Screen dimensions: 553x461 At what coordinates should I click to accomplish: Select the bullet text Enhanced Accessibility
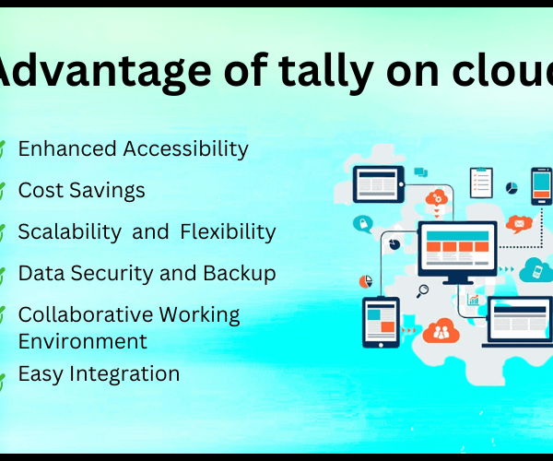pyautogui.click(x=134, y=148)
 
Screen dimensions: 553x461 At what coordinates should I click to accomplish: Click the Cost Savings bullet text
pyautogui.click(x=81, y=191)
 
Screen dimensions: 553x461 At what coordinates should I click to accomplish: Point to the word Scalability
pyautogui.click(x=70, y=232)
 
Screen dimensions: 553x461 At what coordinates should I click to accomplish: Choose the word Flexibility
pyautogui.click(x=228, y=232)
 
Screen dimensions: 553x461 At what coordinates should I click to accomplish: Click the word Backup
pyautogui.click(x=240, y=274)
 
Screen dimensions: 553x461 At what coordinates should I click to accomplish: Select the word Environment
pyautogui.click(x=83, y=341)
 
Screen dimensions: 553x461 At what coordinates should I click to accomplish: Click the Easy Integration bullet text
pyautogui.click(x=99, y=374)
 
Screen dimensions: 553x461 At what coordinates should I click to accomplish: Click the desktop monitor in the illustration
pyautogui.click(x=458, y=253)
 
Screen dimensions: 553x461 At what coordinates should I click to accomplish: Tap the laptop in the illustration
pyautogui.click(x=518, y=322)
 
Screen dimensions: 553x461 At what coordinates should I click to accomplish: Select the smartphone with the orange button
pyautogui.click(x=542, y=186)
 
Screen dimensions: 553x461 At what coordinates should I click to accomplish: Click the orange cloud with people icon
pyautogui.click(x=441, y=331)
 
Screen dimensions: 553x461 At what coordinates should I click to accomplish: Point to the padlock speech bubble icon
pyautogui.click(x=363, y=224)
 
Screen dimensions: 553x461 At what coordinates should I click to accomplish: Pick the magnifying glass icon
pyautogui.click(x=422, y=291)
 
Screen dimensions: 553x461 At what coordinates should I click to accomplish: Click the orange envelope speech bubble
pyautogui.click(x=519, y=224)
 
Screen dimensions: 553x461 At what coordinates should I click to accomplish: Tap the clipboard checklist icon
pyautogui.click(x=481, y=183)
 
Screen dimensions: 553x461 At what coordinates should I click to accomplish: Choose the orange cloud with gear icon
pyautogui.click(x=437, y=198)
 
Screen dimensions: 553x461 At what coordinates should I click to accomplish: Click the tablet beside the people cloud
pyautogui.click(x=381, y=323)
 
